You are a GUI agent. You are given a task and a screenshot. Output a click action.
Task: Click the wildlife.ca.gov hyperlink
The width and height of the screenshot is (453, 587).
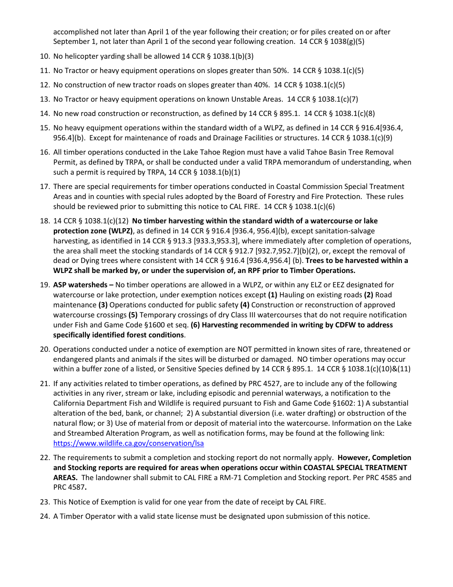click(128, 443)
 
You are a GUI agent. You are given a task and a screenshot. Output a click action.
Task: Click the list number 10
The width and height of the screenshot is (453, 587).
click(45, 56)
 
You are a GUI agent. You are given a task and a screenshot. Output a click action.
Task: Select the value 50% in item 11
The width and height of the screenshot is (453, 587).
click(279, 71)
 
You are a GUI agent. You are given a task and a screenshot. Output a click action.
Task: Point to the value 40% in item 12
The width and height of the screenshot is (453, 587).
click(261, 85)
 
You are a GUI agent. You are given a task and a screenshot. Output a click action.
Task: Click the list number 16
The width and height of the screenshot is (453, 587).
click(45, 152)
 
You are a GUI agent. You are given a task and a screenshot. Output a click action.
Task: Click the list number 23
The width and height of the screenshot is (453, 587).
click(45, 502)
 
